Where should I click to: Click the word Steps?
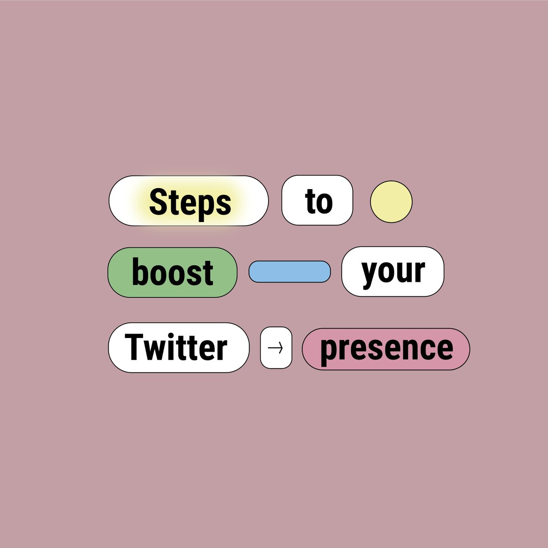[x=190, y=202]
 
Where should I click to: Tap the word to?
[x=318, y=201]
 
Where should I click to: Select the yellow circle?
[x=391, y=201]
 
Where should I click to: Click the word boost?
[x=173, y=273]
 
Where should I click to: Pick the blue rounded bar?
[x=290, y=272]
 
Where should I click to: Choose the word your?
[x=393, y=271]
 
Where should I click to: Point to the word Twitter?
[x=176, y=348]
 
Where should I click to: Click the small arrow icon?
[x=276, y=348]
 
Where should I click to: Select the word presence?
[x=386, y=348]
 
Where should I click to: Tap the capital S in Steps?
[x=158, y=202]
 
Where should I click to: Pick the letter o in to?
[x=325, y=202]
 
